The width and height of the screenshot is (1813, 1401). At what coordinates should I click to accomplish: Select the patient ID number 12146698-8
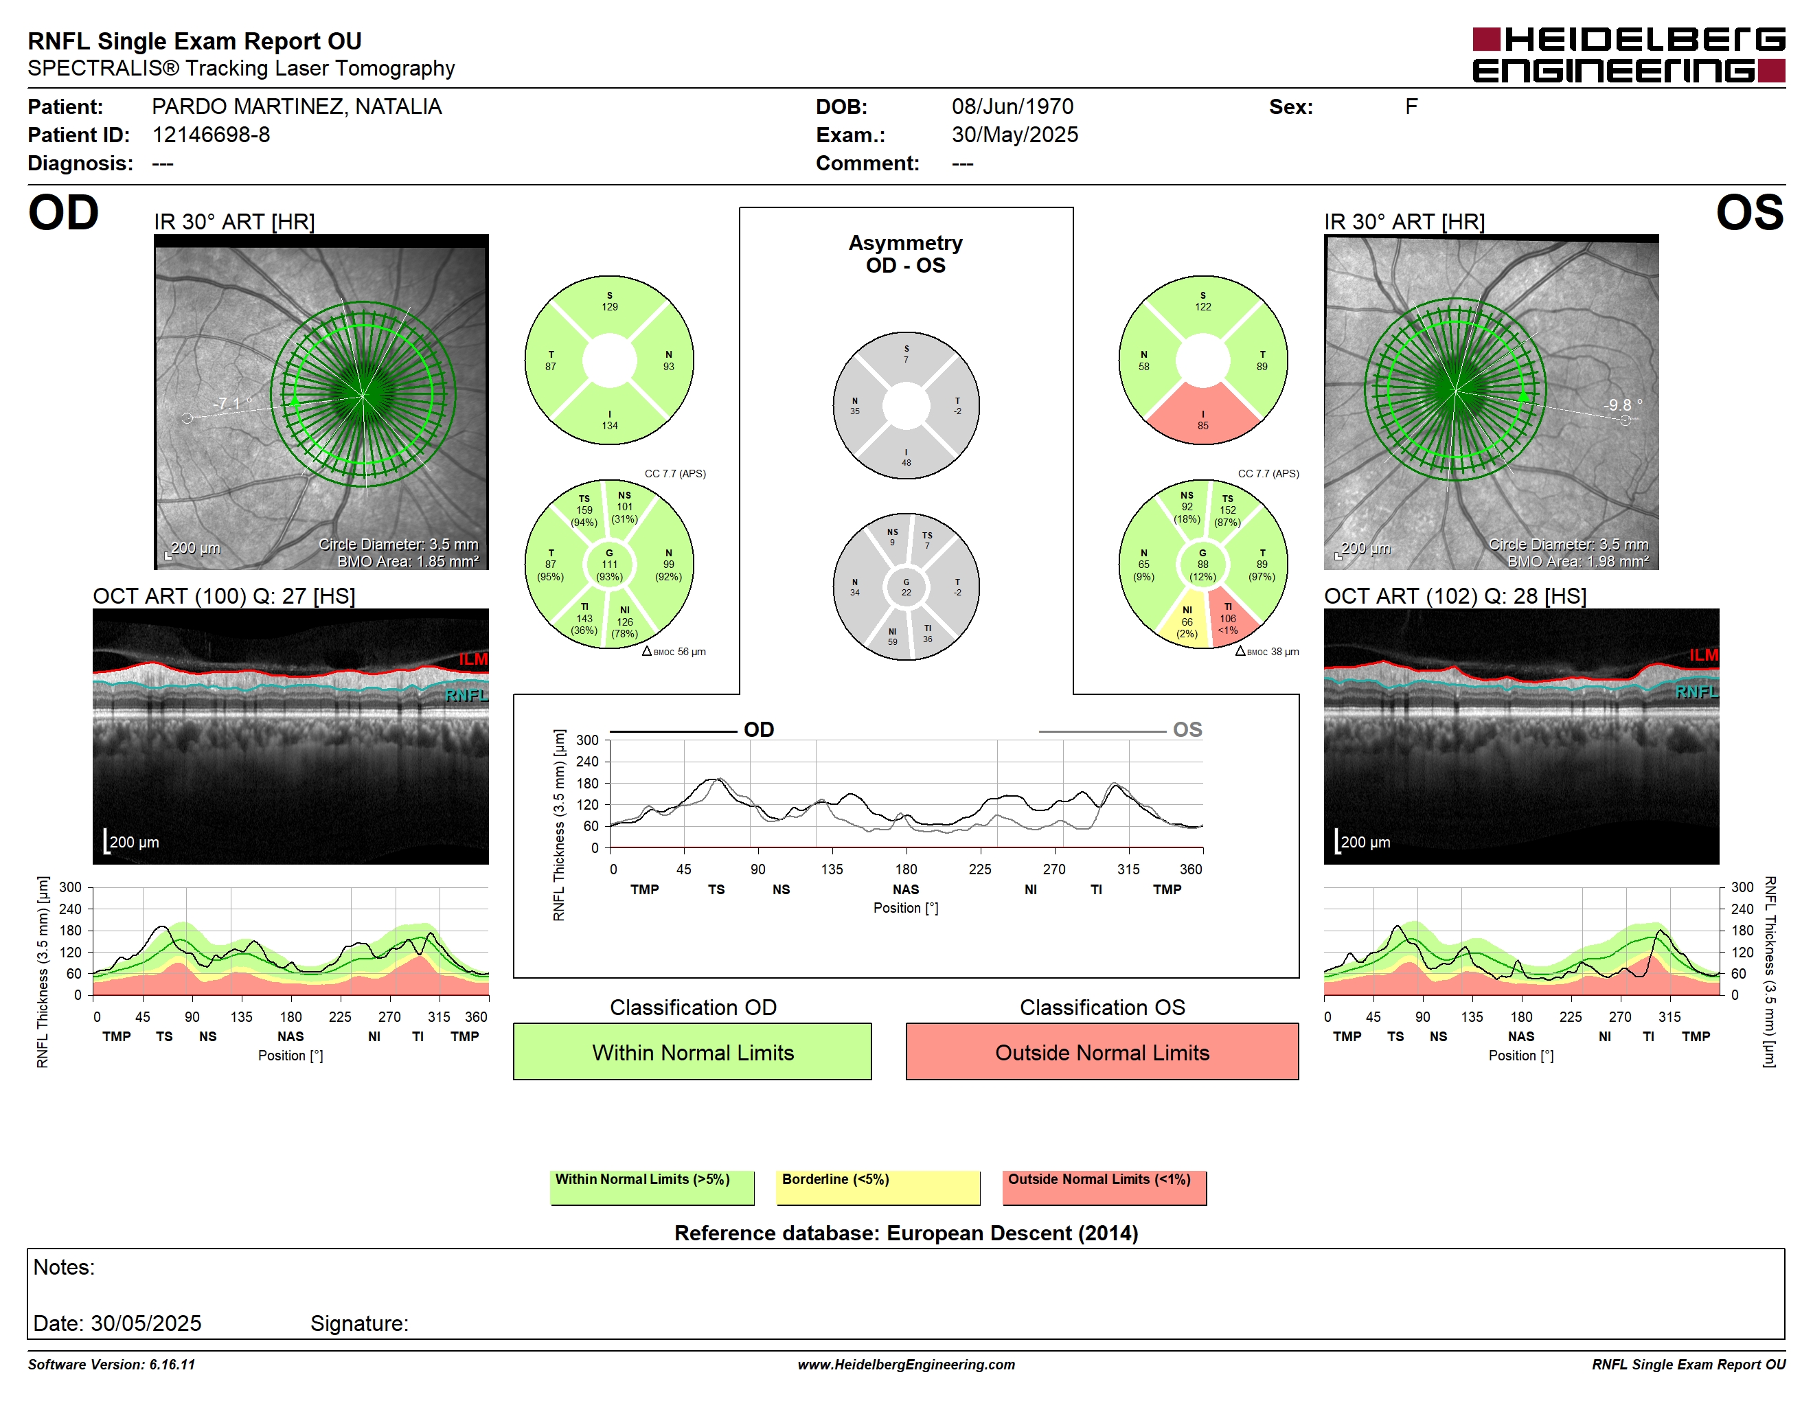click(x=211, y=135)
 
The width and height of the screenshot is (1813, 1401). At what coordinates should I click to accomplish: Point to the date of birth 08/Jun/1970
click(x=1012, y=106)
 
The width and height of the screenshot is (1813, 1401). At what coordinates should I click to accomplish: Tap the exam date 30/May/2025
click(x=1014, y=135)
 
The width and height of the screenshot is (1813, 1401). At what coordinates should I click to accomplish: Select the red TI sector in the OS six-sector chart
click(x=1229, y=617)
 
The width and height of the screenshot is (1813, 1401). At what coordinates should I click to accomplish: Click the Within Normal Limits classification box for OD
click(x=692, y=1051)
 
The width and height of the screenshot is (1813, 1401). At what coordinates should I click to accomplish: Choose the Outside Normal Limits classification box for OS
click(x=1102, y=1051)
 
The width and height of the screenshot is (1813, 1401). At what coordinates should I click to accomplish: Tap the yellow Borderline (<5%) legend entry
click(x=878, y=1187)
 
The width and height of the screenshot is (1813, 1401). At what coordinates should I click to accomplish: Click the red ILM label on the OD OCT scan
click(x=473, y=659)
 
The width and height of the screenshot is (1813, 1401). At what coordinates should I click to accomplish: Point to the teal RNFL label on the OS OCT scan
click(x=1696, y=692)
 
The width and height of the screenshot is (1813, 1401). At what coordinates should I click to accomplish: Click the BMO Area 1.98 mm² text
click(x=1577, y=561)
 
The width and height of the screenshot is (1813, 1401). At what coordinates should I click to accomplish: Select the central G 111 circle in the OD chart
click(x=609, y=565)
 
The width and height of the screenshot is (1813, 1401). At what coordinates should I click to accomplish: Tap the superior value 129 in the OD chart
click(x=609, y=307)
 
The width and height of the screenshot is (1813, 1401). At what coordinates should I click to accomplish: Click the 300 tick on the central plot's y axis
click(x=587, y=740)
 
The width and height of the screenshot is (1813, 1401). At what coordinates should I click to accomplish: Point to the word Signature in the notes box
click(x=358, y=1323)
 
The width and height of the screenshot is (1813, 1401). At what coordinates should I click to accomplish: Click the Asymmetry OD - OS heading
click(x=906, y=254)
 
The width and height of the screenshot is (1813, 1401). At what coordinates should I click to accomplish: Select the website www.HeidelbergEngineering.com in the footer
click(x=906, y=1365)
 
